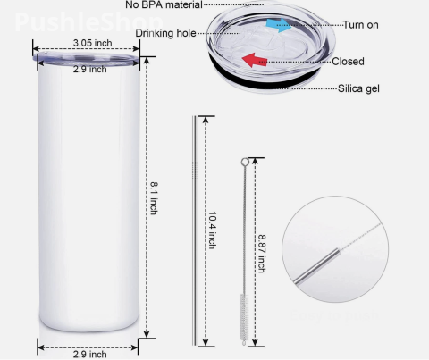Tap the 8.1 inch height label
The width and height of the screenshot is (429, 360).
pyautogui.click(x=154, y=197)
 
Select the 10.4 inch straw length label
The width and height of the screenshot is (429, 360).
pyautogui.click(x=212, y=233)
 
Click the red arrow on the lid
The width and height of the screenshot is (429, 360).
pyautogui.click(x=257, y=61)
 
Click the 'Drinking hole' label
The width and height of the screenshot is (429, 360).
pyautogui.click(x=166, y=34)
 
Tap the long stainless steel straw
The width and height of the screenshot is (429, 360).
pyautogui.click(x=195, y=232)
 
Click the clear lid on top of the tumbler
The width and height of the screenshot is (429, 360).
pyautogui.click(x=88, y=60)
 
